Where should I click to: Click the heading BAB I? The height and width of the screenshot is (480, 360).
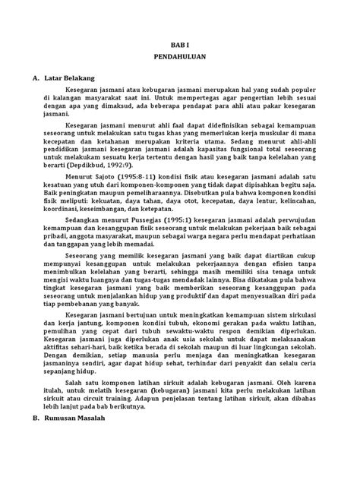180,45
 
